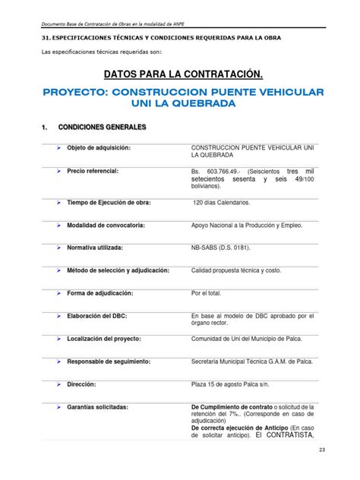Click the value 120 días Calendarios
[221, 204]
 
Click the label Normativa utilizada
[99, 248]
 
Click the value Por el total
[209, 292]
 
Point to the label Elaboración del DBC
[96, 315]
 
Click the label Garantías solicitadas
[97, 407]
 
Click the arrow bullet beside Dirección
[58, 385]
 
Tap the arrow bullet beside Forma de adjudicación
[58, 293]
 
